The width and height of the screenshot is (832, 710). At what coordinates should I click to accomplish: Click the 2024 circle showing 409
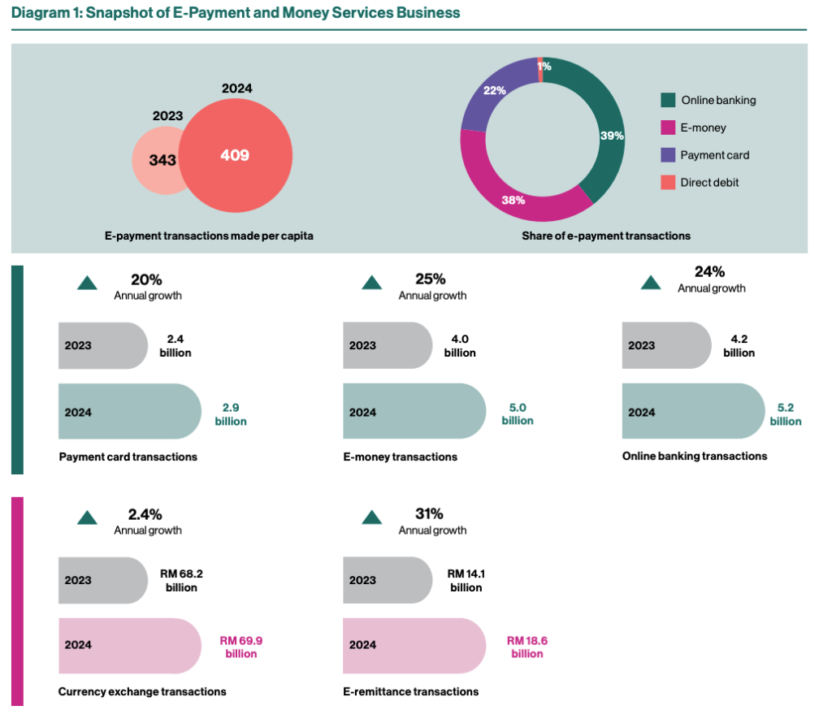pos(236,154)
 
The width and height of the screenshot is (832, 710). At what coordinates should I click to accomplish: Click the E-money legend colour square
pos(668,128)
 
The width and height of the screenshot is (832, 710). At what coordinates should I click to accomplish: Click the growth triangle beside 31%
pos(371,517)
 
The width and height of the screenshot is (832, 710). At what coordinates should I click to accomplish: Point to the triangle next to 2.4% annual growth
pos(87,517)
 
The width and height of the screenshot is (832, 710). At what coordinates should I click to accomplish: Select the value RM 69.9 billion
pos(241,647)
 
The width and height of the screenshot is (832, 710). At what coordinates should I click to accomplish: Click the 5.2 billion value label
pos(786,414)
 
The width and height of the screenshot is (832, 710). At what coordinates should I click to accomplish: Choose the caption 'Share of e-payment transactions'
pos(606,236)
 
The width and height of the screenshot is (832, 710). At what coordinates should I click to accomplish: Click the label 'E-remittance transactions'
pos(410,691)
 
